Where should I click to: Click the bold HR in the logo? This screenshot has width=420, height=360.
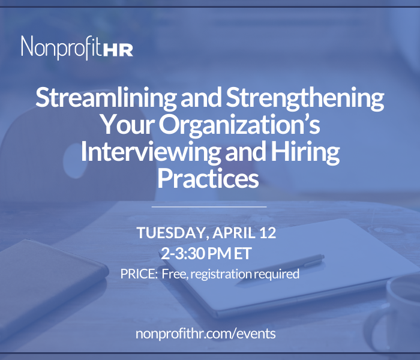118,50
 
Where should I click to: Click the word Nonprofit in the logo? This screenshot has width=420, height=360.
61,47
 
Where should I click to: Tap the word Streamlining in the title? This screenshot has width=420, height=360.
106,98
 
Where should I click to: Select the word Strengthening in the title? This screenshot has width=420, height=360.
305,98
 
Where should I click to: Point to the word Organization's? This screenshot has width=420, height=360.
240,125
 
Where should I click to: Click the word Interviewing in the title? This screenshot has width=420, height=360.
151,152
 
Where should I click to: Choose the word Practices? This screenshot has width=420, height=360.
208,178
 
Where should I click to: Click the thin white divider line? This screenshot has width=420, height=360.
209,207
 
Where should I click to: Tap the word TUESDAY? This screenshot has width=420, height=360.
173,233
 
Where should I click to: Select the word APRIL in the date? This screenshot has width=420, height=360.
234,233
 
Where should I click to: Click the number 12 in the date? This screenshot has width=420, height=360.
268,233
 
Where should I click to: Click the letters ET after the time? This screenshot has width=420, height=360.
242,253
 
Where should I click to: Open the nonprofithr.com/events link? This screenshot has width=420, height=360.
205,334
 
